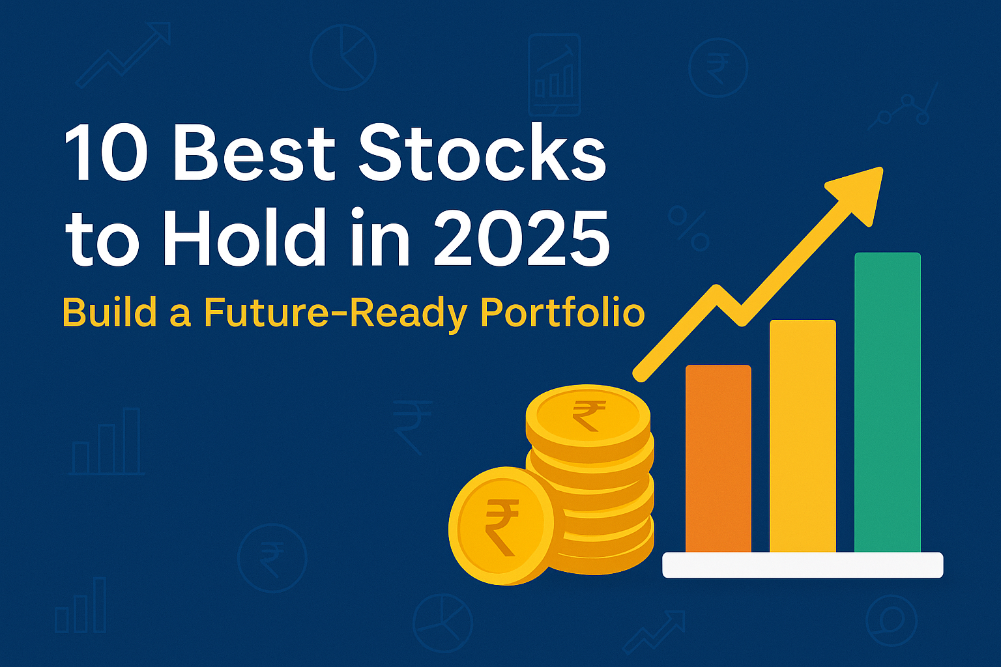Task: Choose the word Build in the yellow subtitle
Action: [109, 313]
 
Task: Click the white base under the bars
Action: [802, 565]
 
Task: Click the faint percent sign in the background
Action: [688, 229]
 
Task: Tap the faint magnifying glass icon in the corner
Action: [891, 619]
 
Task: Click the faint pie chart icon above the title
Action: [343, 57]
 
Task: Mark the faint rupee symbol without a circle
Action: [411, 426]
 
